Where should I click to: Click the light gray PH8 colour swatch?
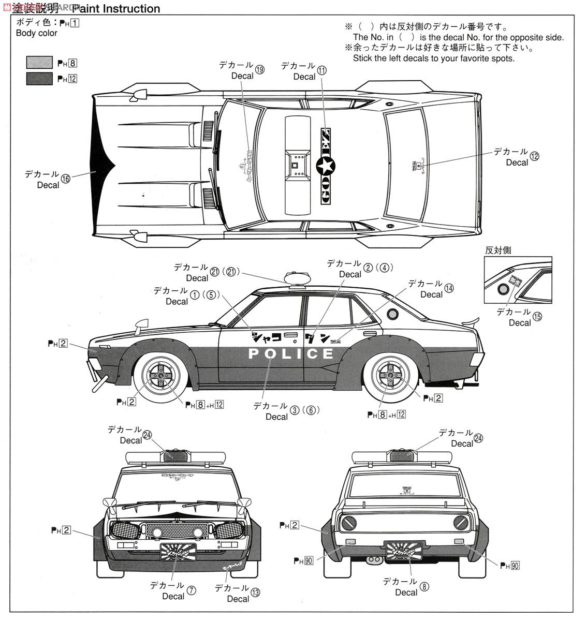39,63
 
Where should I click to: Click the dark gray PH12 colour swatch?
39,78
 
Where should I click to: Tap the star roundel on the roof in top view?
326,166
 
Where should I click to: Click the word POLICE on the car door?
291,354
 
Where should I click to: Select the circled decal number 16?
65,179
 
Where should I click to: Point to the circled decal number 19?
259,70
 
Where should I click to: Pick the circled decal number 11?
322,70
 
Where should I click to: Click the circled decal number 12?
534,156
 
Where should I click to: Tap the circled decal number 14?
448,288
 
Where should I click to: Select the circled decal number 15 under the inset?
537,317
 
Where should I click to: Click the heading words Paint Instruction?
116,9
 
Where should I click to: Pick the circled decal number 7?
192,590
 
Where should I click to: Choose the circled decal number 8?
424,587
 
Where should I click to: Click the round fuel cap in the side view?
393,314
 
